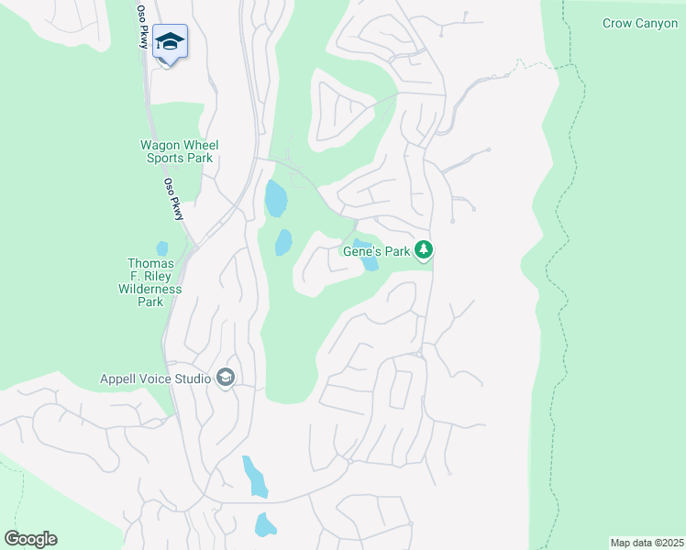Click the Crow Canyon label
[640, 23]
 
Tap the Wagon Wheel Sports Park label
[179, 151]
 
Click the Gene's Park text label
[376, 249]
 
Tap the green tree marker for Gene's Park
[423, 249]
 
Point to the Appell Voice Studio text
[154, 378]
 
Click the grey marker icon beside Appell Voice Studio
[226, 378]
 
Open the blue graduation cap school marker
[170, 42]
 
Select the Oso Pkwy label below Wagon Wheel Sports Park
[173, 198]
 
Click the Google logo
[30, 539]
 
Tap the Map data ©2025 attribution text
[646, 543]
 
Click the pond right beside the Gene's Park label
[368, 261]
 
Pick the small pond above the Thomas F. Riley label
[162, 248]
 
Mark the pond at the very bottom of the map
[264, 525]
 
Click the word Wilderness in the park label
[150, 289]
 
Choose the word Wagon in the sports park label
[160, 145]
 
